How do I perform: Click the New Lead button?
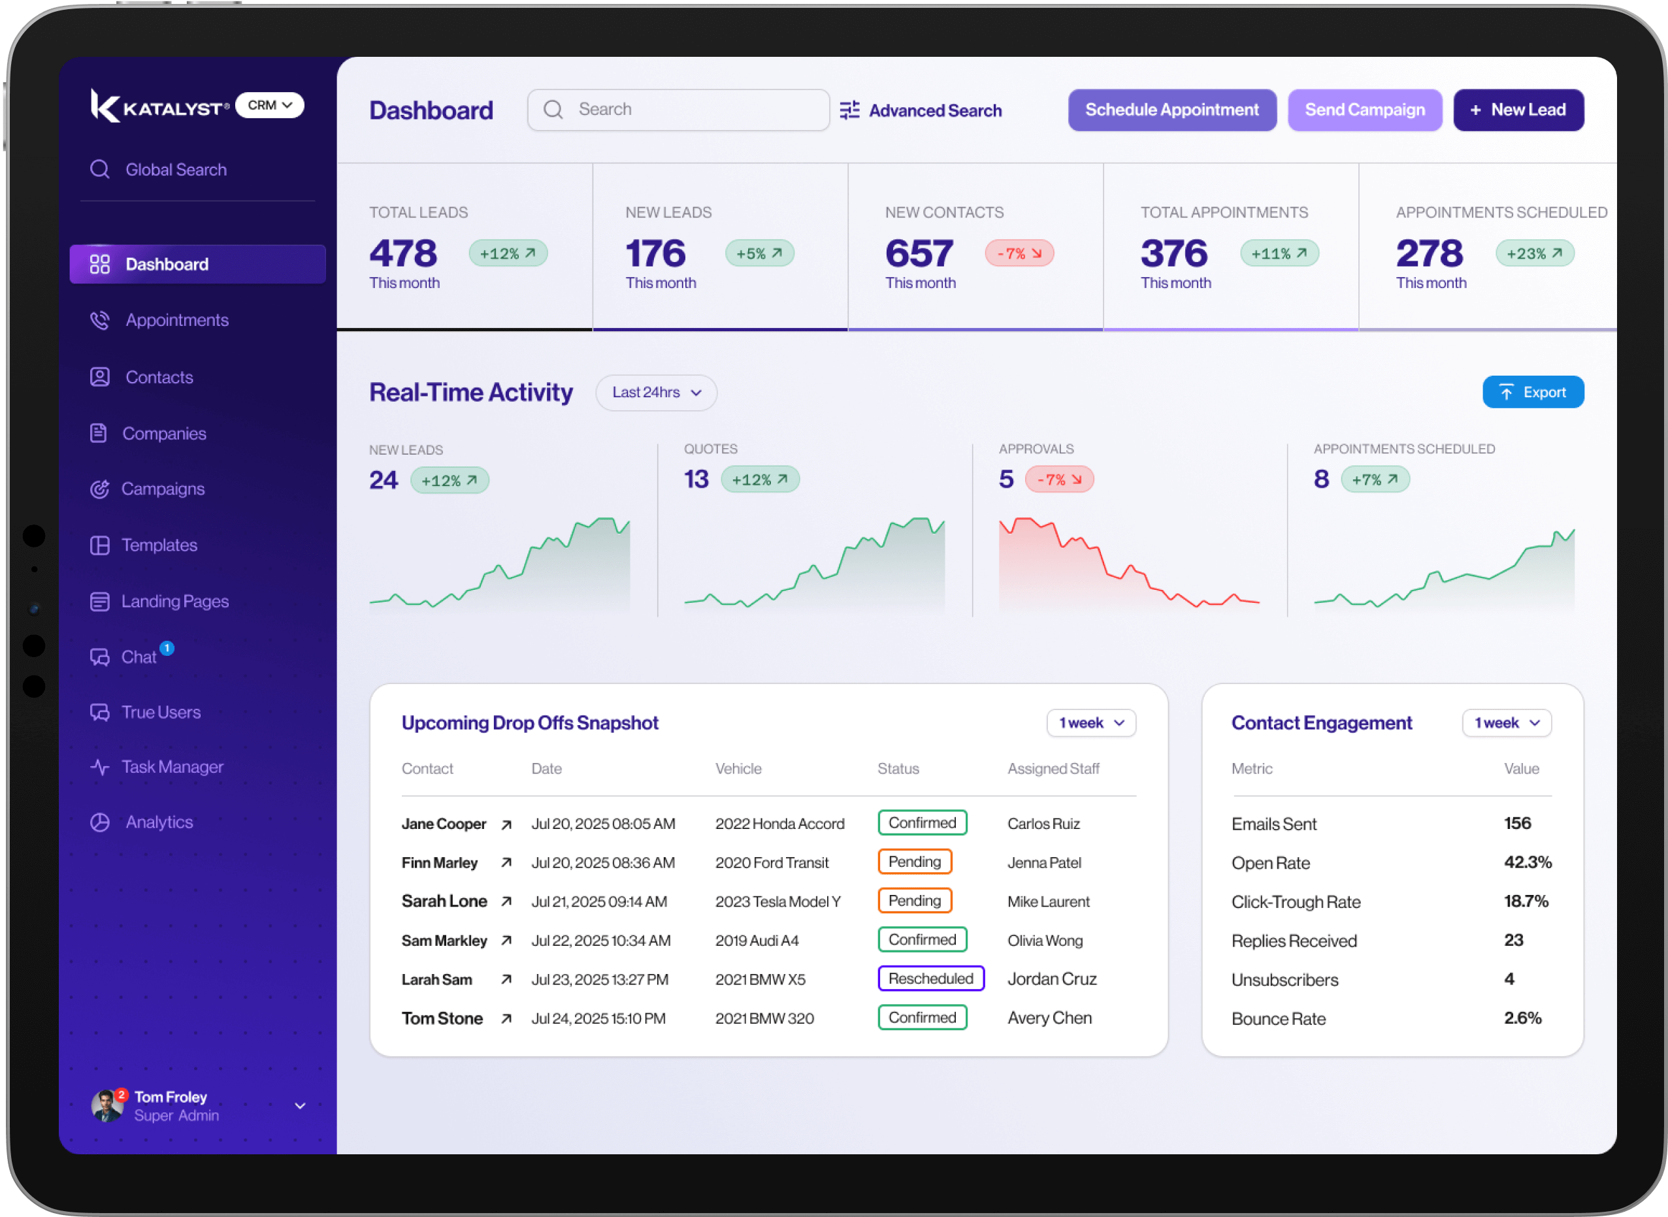tap(1518, 110)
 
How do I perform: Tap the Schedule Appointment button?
tap(1171, 110)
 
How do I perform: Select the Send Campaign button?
tap(1364, 110)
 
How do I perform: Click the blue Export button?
tap(1533, 392)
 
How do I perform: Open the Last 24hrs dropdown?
tap(656, 392)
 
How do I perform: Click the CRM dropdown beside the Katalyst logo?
tap(270, 105)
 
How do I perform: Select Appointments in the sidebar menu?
tap(177, 319)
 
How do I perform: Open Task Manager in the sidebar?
tap(172, 767)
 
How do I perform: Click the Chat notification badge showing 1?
tap(167, 648)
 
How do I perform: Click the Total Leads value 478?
tap(403, 253)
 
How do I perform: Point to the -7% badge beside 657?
tap(1019, 253)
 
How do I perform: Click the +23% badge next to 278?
tap(1534, 253)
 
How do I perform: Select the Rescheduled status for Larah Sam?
tap(930, 979)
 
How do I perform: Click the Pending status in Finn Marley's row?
tap(914, 862)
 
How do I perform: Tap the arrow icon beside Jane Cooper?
tap(506, 824)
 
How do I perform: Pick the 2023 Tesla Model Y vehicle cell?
tap(777, 901)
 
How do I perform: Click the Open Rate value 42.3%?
tap(1528, 862)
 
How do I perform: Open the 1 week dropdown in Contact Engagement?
tap(1507, 722)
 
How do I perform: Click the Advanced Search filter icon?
tap(849, 110)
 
